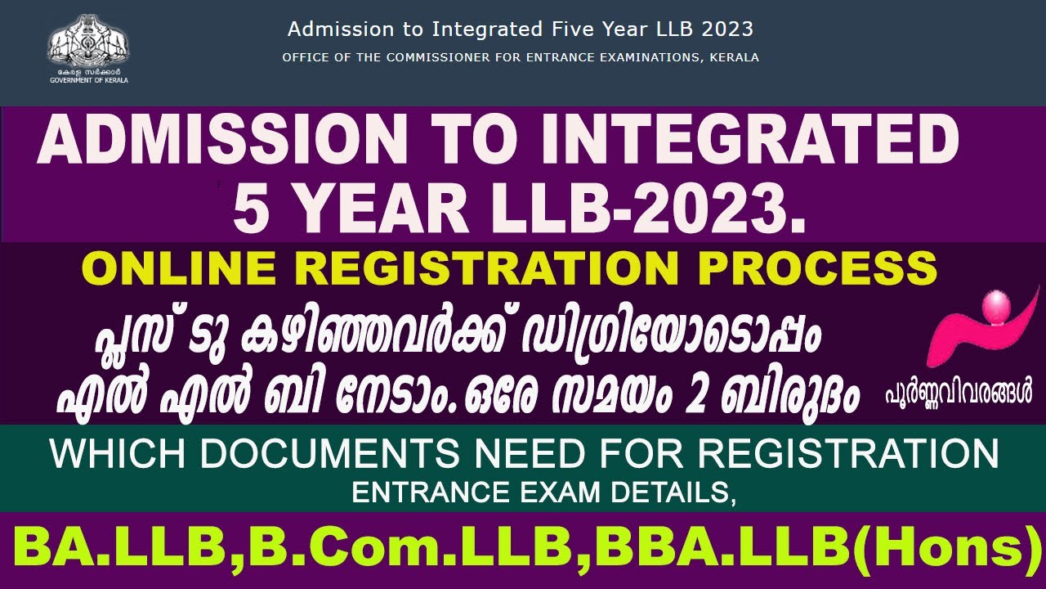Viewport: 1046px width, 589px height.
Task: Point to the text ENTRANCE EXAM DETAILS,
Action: (x=543, y=493)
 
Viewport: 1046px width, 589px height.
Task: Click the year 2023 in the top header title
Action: (x=731, y=29)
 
